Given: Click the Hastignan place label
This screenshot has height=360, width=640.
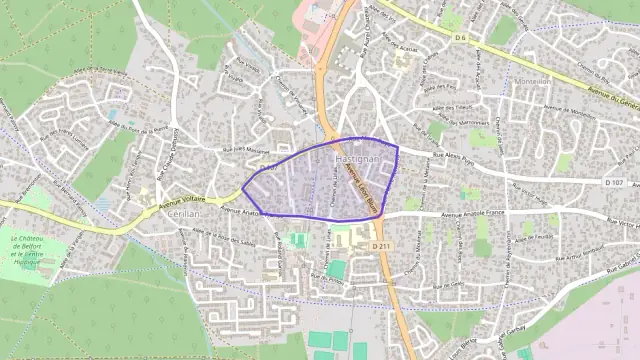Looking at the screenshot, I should pyautogui.click(x=357, y=160).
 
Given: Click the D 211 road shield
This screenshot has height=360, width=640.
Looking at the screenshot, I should pyautogui.click(x=380, y=246).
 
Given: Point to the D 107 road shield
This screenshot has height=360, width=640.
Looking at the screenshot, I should pyautogui.click(x=614, y=182).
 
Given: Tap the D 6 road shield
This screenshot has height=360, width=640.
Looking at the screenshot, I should pyautogui.click(x=460, y=38).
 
